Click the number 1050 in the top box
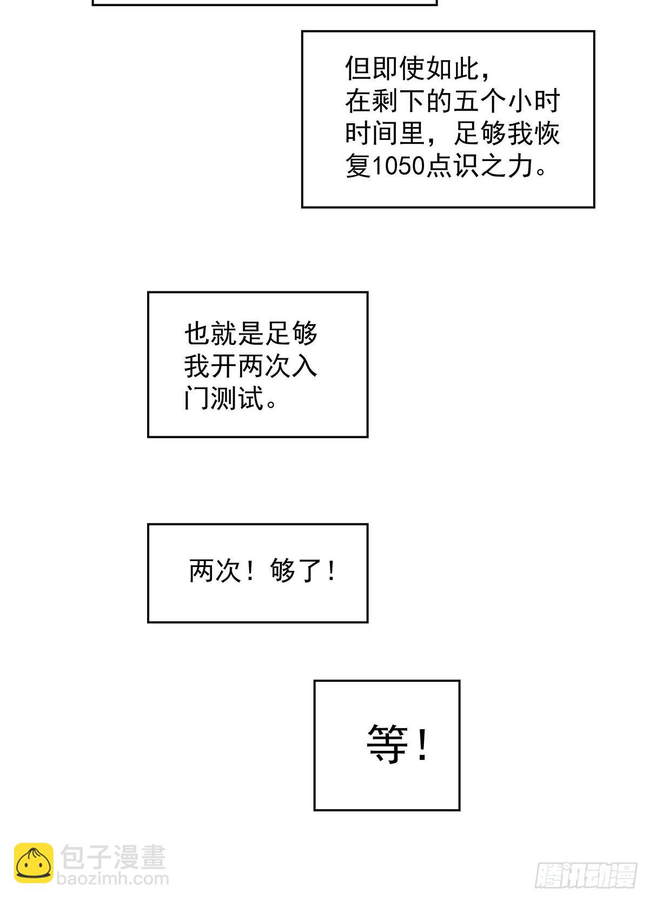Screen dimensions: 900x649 (399, 166)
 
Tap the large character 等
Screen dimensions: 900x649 (387, 744)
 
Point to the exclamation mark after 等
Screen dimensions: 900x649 (422, 744)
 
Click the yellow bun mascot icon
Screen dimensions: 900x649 (34, 863)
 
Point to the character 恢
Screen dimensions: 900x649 (547, 134)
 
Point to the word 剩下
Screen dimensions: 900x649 (399, 101)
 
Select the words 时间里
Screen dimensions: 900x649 (385, 134)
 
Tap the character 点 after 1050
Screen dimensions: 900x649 (439, 166)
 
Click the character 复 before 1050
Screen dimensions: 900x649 (358, 166)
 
